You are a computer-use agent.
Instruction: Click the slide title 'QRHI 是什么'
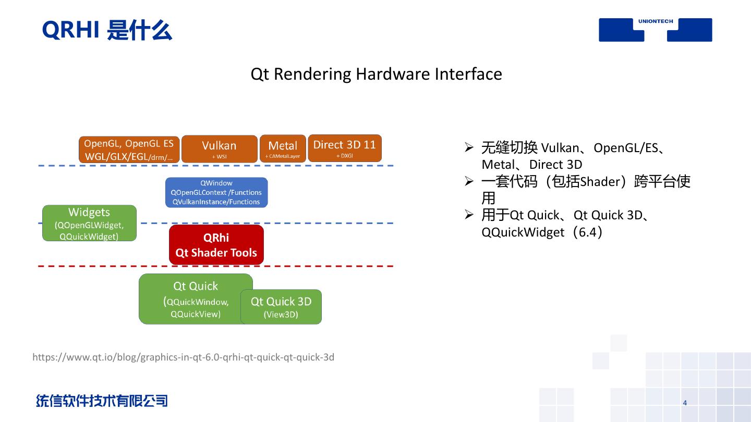[x=107, y=30]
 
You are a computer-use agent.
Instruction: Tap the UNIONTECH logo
[x=655, y=29]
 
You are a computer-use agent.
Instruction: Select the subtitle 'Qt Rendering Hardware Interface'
[x=376, y=74]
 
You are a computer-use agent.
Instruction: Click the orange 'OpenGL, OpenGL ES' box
[x=129, y=150]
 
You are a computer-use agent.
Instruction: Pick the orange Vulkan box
[x=219, y=149]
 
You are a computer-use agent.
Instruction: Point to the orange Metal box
[x=283, y=149]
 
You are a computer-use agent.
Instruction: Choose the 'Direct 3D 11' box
[x=344, y=148]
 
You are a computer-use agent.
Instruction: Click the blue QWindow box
[x=216, y=192]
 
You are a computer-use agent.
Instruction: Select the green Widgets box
[x=89, y=223]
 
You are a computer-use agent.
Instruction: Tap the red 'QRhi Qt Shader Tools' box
[x=216, y=245]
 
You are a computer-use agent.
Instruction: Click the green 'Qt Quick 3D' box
[x=281, y=307]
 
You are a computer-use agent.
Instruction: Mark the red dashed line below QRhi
[x=313, y=266]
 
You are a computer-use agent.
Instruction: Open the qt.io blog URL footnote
[x=183, y=357]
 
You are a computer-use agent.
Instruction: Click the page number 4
[x=685, y=403]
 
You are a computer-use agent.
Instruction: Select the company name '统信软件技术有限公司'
[x=102, y=401]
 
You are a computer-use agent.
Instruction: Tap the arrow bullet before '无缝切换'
[x=468, y=147]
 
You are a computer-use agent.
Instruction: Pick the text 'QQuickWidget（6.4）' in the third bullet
[x=542, y=232]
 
